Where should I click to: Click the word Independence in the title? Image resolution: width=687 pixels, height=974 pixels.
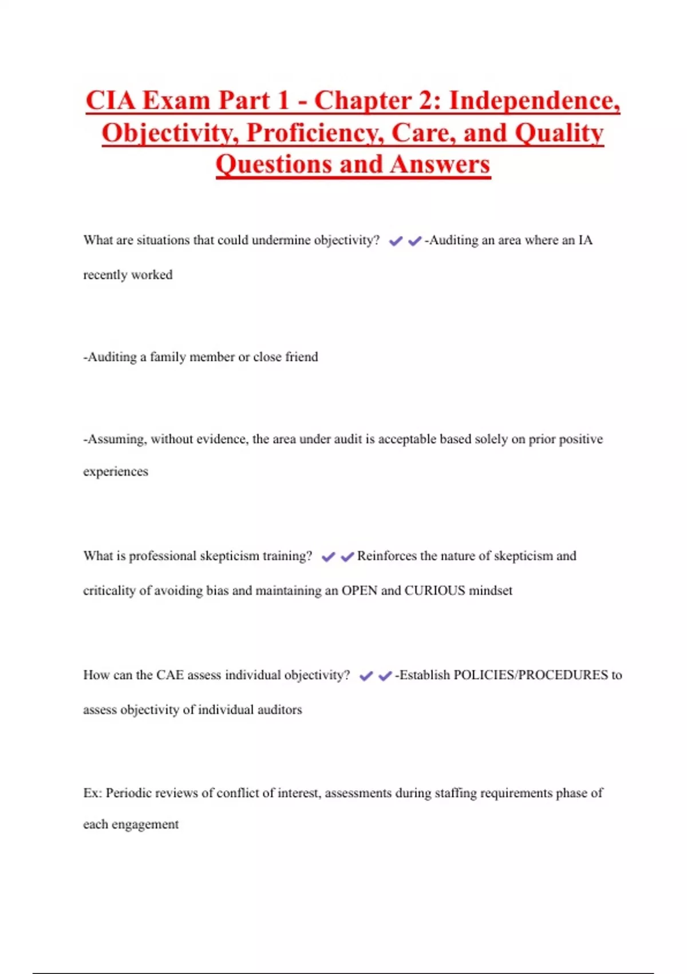pyautogui.click(x=534, y=101)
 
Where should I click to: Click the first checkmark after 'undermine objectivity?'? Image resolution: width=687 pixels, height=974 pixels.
pyautogui.click(x=395, y=241)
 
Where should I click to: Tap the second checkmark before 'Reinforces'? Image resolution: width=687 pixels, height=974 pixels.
pyautogui.click(x=347, y=557)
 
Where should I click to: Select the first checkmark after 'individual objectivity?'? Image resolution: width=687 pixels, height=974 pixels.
pyautogui.click(x=366, y=676)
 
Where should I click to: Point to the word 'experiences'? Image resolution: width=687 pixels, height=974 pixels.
pyautogui.click(x=116, y=472)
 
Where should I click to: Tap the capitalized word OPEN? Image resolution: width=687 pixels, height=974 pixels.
pyautogui.click(x=360, y=591)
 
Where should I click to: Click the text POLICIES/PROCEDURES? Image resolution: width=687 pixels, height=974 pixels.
pyautogui.click(x=530, y=675)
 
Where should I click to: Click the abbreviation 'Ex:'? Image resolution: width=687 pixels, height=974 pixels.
pyautogui.click(x=92, y=793)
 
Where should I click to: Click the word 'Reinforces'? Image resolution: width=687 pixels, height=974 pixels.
pyautogui.click(x=386, y=556)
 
